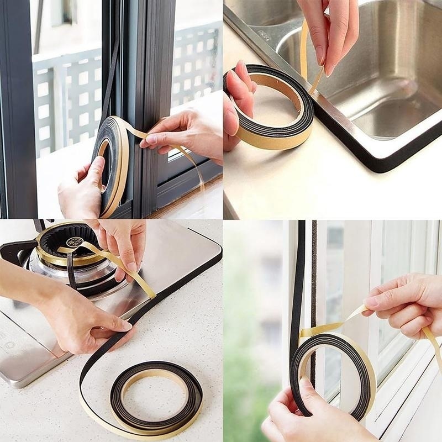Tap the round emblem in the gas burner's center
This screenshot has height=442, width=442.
74,241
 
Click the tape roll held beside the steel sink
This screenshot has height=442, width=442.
271,107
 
